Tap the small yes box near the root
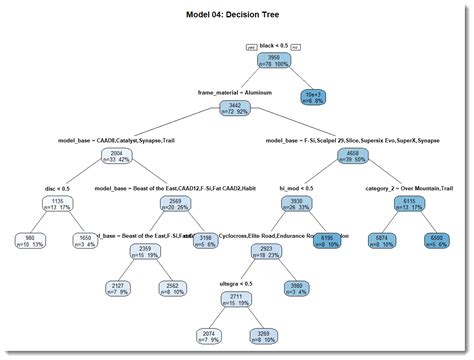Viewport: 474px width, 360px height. click(x=251, y=47)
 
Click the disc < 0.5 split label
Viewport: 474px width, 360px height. click(x=59, y=187)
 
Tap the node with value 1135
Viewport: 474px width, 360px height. click(x=59, y=203)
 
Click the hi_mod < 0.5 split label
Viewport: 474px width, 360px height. click(x=295, y=187)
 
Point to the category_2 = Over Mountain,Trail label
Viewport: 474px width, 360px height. click(x=407, y=187)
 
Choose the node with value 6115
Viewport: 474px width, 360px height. click(x=408, y=203)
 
